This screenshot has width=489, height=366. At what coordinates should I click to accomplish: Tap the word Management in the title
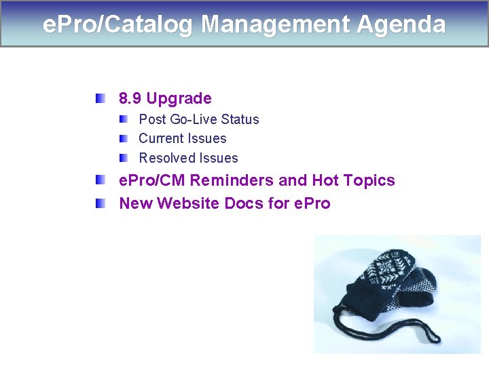pyautogui.click(x=276, y=25)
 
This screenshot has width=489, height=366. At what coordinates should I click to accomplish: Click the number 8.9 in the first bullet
pyautogui.click(x=130, y=99)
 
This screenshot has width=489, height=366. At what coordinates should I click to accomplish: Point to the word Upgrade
pyautogui.click(x=179, y=99)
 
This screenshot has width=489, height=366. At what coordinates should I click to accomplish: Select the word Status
pyautogui.click(x=240, y=119)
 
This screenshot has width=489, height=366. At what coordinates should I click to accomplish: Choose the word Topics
pyautogui.click(x=369, y=180)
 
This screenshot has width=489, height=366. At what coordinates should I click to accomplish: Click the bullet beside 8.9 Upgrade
pyautogui.click(x=100, y=98)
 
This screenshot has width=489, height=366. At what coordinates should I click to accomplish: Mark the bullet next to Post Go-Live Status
pyautogui.click(x=122, y=119)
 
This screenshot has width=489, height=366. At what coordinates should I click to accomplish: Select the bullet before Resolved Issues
pyautogui.click(x=122, y=158)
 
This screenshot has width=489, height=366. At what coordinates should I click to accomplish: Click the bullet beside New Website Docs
pyautogui.click(x=100, y=203)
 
